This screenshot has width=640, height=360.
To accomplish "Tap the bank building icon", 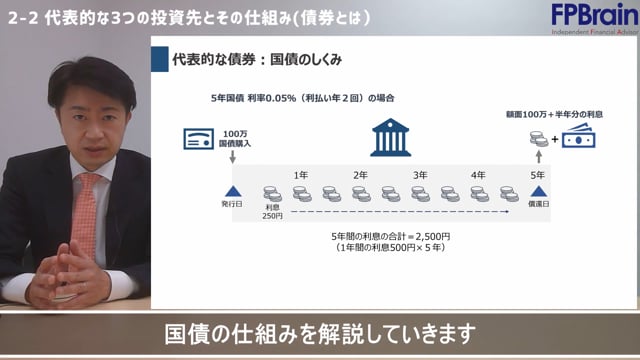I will (390, 139).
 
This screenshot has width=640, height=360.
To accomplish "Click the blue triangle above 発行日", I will (232, 191).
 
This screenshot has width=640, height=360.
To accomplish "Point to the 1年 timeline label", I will (301, 175).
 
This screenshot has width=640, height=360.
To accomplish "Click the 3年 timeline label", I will (420, 175).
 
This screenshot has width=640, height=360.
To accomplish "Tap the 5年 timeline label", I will (539, 175).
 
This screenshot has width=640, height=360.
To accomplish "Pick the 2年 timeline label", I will (360, 175).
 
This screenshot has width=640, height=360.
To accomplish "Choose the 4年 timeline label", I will (479, 175).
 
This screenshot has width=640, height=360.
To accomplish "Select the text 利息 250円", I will (273, 213).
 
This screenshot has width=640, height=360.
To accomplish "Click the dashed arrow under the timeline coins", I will (390, 213).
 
